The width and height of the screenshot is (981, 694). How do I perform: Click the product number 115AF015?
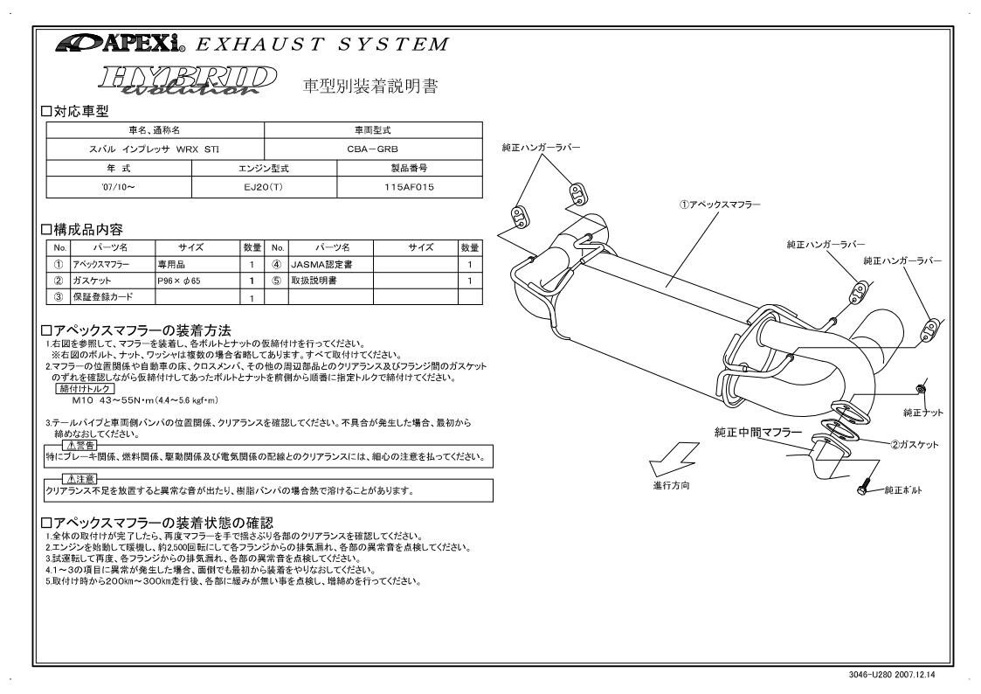point(409,186)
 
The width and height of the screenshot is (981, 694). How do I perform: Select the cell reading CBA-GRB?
point(373,149)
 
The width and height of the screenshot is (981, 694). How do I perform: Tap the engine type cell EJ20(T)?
point(264,186)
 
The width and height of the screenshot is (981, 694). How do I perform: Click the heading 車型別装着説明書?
point(370,87)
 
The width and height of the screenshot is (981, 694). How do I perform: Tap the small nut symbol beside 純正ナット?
point(920,387)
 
